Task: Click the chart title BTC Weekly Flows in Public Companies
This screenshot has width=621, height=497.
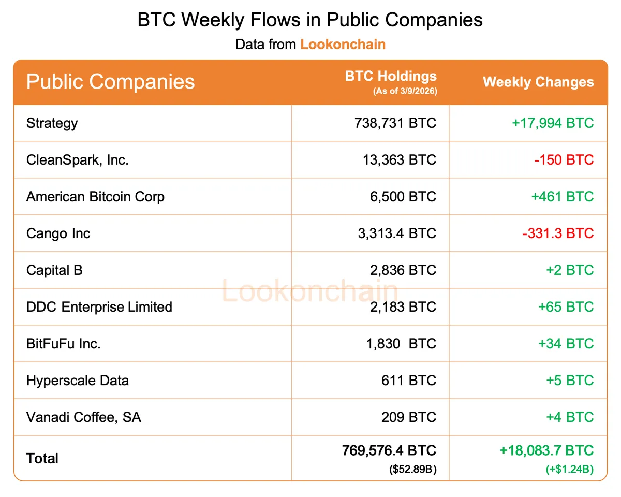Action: (x=310, y=20)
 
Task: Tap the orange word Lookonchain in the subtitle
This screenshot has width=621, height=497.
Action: (x=343, y=44)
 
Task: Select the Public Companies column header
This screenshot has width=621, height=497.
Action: (x=110, y=82)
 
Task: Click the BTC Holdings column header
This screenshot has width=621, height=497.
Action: (x=391, y=77)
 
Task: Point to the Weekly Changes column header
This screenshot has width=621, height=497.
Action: (x=538, y=82)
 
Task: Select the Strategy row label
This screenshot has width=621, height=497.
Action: (x=52, y=123)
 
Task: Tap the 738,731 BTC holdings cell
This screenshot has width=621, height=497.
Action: (x=395, y=123)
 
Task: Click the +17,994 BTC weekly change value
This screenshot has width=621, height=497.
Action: (x=553, y=123)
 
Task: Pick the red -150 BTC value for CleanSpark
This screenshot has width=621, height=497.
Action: (x=564, y=160)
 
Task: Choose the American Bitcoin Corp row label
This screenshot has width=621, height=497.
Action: (x=95, y=197)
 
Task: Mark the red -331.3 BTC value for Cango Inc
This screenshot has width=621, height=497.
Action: (x=558, y=233)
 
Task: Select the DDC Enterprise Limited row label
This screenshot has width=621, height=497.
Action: (x=99, y=307)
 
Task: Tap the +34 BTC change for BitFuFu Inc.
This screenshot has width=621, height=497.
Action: (x=566, y=344)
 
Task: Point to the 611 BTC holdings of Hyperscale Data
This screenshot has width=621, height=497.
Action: (x=409, y=381)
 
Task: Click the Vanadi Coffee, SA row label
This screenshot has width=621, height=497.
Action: (x=83, y=417)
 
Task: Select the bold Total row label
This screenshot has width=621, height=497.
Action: (x=42, y=458)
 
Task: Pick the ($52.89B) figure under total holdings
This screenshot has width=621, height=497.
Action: (x=412, y=470)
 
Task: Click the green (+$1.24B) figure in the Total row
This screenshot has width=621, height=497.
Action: (x=569, y=470)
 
